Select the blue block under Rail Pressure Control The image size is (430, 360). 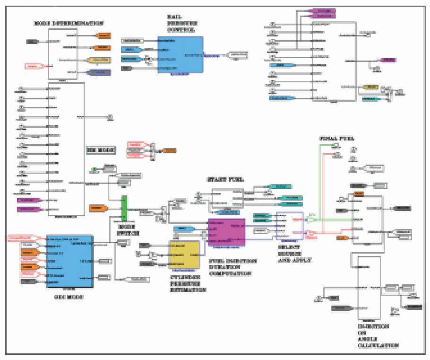[x=180, y=54]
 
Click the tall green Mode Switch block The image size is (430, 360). [x=125, y=208]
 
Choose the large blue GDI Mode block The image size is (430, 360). [x=69, y=261]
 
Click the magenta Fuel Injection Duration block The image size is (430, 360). [x=226, y=232]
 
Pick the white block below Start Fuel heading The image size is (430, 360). [x=227, y=198]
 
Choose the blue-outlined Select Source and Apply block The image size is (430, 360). [x=289, y=226]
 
